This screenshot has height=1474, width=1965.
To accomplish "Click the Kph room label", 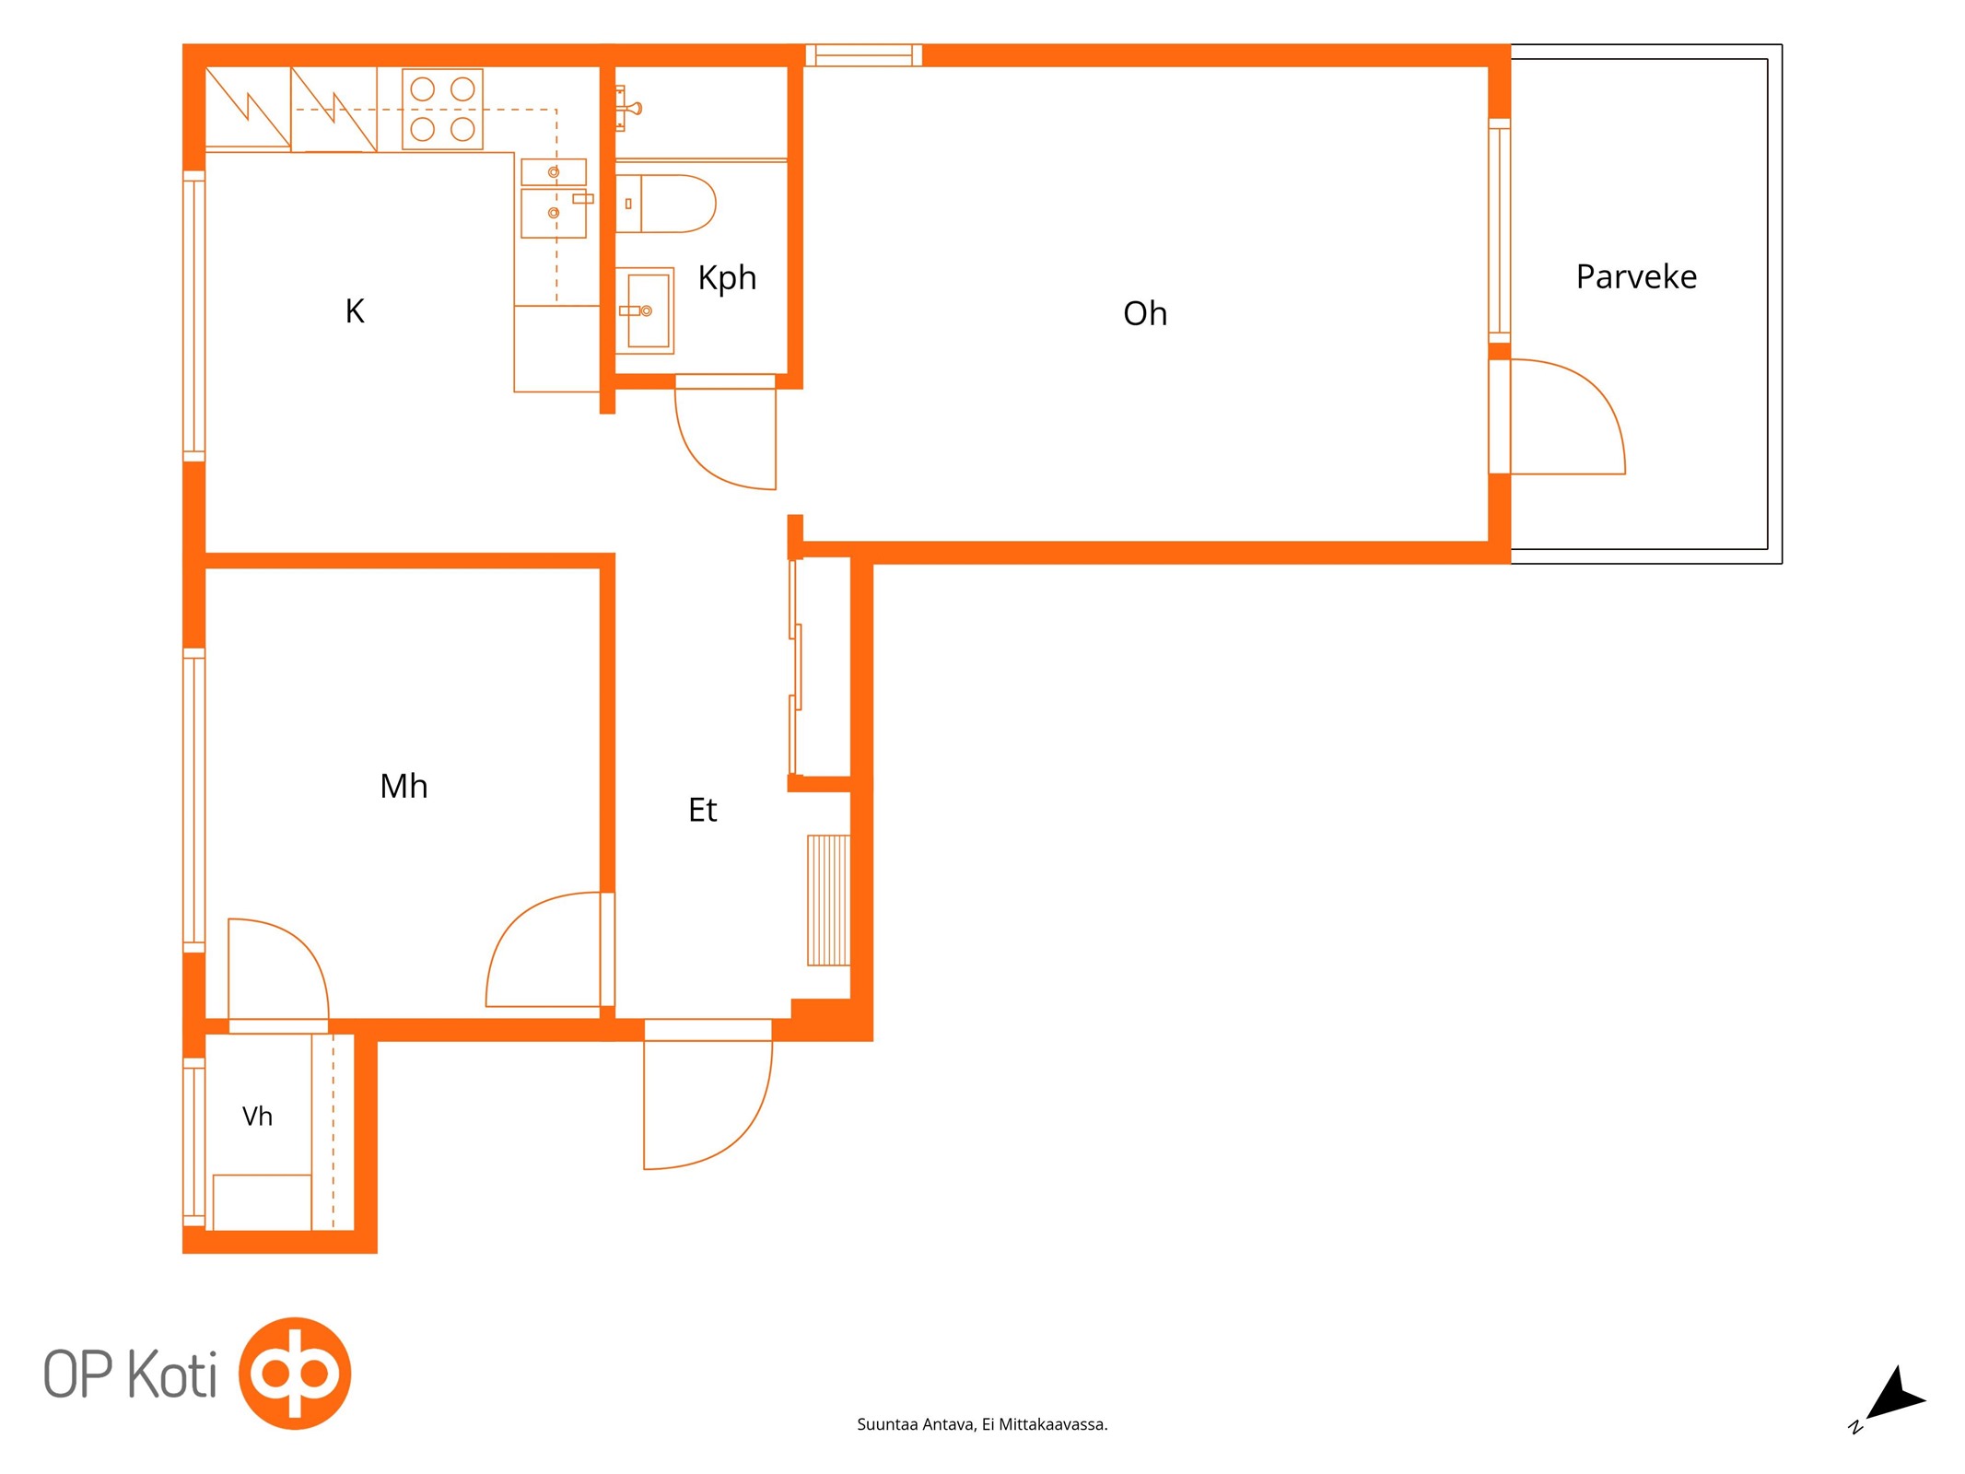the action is [727, 277].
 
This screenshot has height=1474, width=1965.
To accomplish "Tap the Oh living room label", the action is [1145, 313].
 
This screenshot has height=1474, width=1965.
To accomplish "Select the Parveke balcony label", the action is [1636, 276].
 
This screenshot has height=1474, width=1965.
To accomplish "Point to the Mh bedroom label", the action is [404, 786].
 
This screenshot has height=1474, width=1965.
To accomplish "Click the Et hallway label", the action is [702, 810].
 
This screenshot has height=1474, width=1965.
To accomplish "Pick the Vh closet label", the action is [257, 1117].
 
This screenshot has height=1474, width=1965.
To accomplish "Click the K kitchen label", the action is [355, 311].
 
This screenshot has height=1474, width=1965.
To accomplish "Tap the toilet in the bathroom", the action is [665, 204].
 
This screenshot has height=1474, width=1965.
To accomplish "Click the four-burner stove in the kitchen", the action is [442, 109].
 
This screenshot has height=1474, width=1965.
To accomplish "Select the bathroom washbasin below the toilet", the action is [645, 310].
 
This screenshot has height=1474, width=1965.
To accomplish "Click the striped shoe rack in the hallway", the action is [828, 900].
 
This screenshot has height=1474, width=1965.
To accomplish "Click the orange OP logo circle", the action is [295, 1374].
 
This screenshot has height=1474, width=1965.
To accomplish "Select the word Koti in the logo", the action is [172, 1375].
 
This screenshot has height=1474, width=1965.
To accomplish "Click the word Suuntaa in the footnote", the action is [887, 1425].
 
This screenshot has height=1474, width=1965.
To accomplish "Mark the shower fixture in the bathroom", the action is [628, 109].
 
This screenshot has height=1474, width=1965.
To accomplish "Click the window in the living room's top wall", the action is [864, 55].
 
